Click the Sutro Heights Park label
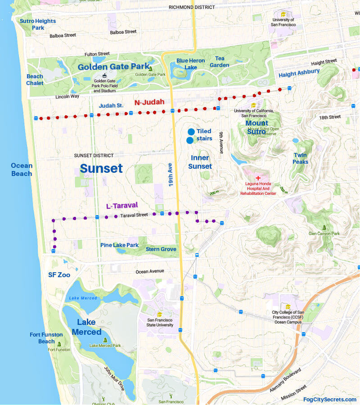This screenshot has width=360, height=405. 37,24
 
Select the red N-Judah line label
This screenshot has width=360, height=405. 149,102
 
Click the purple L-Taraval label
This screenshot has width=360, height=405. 121,206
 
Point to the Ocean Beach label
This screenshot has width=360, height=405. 22,170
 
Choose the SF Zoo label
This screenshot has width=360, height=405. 59,274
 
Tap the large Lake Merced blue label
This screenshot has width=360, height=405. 86,327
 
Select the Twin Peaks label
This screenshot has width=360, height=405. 301,158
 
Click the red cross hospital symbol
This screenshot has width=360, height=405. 258,179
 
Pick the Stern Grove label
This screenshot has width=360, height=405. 161,249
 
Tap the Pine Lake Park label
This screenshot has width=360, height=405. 119,245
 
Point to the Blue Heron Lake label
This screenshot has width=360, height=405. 190,64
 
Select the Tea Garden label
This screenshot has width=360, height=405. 220,62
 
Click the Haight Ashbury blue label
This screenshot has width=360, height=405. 299,72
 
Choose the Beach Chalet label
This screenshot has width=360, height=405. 35,80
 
